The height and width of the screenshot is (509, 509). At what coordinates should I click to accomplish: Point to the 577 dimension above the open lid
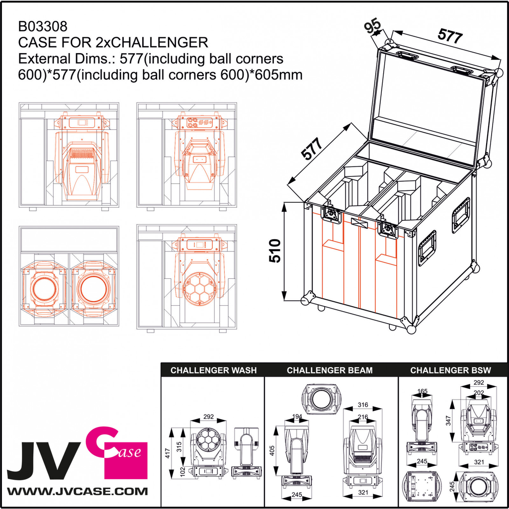coord(450,35)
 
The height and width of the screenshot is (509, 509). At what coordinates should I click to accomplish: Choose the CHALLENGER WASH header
coord(213,370)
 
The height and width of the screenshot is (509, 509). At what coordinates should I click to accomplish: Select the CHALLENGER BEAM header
coord(330,370)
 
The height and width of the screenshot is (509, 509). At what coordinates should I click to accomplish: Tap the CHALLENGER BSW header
coord(450,370)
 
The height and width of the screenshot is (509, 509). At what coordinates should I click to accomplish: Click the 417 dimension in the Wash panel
coord(168,452)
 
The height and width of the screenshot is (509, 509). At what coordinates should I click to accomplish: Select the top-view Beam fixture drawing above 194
coord(322,399)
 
